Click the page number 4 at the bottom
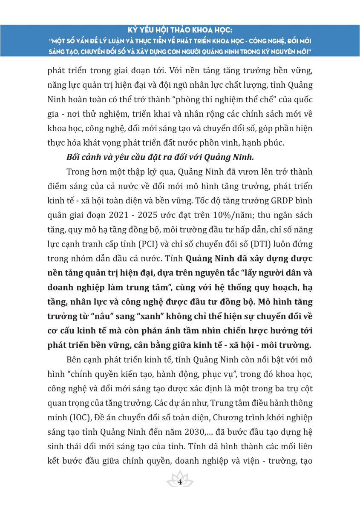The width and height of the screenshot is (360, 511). (180, 482)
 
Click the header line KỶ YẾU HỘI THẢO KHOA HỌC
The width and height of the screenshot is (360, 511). (180, 31)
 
